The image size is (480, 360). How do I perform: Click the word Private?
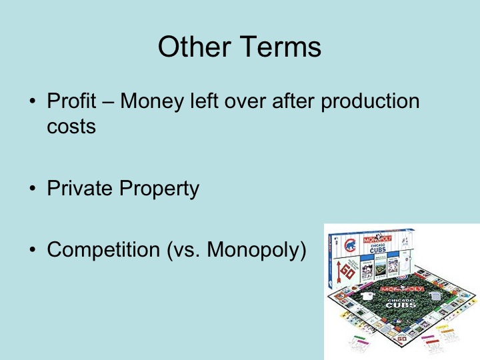(x=81, y=189)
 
